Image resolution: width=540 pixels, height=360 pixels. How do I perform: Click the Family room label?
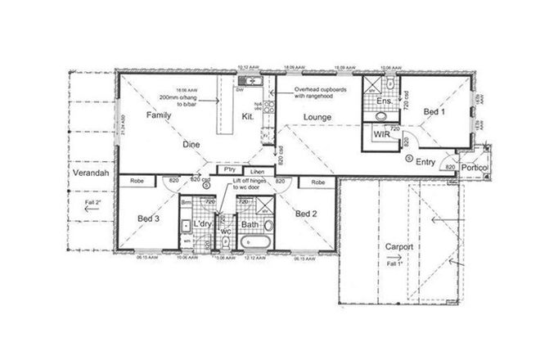[159, 116]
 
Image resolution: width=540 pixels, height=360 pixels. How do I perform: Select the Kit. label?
[248, 117]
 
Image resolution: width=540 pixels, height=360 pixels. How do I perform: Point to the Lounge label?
[317, 117]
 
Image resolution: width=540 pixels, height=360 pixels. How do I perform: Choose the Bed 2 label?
[305, 214]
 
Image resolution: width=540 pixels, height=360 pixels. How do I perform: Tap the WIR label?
[380, 133]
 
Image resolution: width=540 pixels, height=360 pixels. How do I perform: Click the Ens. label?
[383, 103]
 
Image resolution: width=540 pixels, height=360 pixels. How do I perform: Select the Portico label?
[474, 168]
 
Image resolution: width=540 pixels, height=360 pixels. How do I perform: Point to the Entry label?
[425, 162]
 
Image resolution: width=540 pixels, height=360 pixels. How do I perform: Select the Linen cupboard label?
[258, 172]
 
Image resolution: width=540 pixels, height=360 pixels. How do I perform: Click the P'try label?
[231, 172]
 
